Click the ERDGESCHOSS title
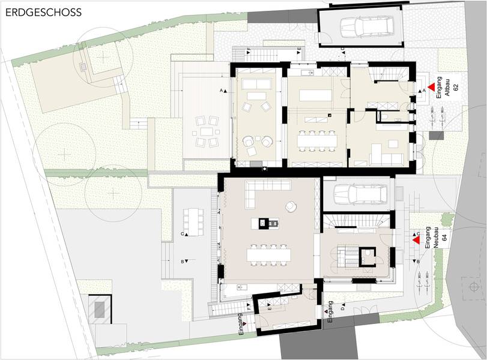pyautogui.click(x=44, y=13)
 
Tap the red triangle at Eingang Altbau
pyautogui.click(x=431, y=88)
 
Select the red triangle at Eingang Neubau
pyautogui.click(x=416, y=240)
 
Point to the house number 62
pyautogui.click(x=456, y=87)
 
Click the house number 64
pyautogui.click(x=444, y=238)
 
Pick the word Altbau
pyautogui.click(x=447, y=88)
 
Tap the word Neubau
pyautogui.click(x=436, y=238)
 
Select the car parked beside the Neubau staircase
pyautogui.click(x=360, y=194)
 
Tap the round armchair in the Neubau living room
pyautogui.click(x=291, y=206)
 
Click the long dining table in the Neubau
pyautogui.click(x=269, y=255)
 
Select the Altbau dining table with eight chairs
pyautogui.click(x=317, y=140)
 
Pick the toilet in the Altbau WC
pyautogui.click(x=384, y=116)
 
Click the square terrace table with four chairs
pyautogui.click(x=206, y=131)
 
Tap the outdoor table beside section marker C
pyautogui.click(x=193, y=222)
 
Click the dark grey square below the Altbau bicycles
pyautogui.click(x=437, y=136)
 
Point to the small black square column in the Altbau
pyautogui.click(x=330, y=115)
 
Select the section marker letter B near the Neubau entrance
pyautogui.click(x=418, y=262)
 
